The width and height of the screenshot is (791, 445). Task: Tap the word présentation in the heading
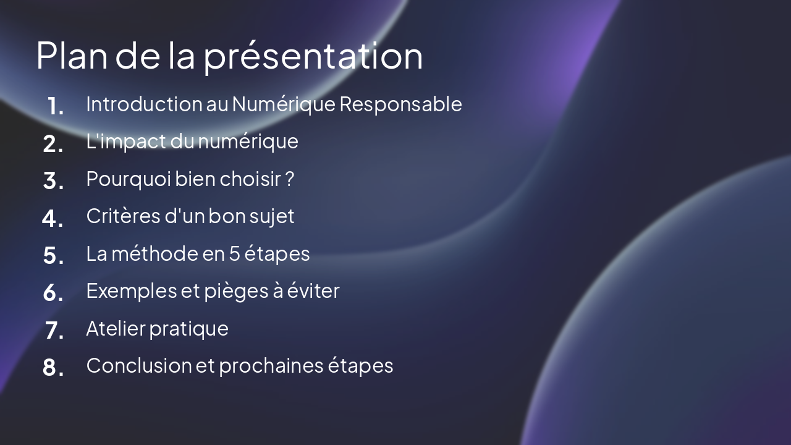313,57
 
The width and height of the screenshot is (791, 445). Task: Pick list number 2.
54,144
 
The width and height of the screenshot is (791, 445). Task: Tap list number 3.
54,181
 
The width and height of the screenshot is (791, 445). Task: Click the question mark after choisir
289,179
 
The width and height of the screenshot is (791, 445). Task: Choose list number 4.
53,218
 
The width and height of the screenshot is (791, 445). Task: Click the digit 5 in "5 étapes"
234,253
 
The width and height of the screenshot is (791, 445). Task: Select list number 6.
54,293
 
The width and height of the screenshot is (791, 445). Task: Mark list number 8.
54,368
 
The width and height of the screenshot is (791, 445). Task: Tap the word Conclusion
139,365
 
